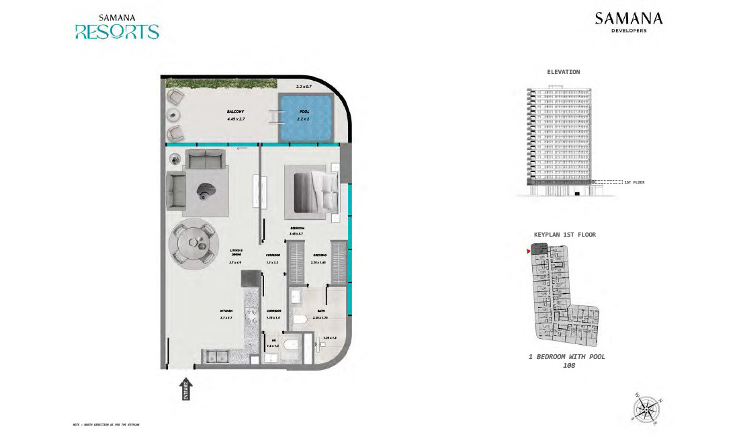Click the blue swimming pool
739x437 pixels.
(x=306, y=118)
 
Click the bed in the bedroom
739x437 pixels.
(x=312, y=191)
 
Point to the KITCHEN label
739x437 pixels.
(x=226, y=311)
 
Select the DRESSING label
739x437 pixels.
(x=319, y=255)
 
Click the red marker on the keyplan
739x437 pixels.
(x=528, y=251)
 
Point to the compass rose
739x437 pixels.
(x=645, y=407)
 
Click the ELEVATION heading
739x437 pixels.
(x=563, y=72)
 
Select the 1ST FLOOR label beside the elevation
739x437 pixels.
(x=634, y=182)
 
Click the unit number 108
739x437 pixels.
(x=566, y=366)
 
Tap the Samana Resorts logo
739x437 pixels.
(x=117, y=27)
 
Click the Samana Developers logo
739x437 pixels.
(x=628, y=22)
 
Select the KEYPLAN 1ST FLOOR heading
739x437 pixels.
(x=564, y=235)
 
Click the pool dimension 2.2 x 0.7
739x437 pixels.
(x=305, y=87)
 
